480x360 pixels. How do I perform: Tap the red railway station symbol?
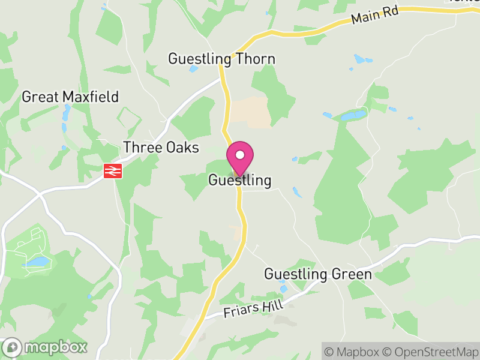pyautogui.click(x=113, y=171)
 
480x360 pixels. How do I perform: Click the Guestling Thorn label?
pyautogui.click(x=221, y=59)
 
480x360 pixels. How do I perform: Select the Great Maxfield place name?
pyautogui.click(x=70, y=97)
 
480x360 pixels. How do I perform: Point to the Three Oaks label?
pyautogui.click(x=161, y=147)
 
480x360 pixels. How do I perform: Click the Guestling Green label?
pyautogui.click(x=318, y=274)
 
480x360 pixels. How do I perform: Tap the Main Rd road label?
pyautogui.click(x=375, y=16)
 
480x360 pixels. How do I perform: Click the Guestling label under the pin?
pyautogui.click(x=240, y=180)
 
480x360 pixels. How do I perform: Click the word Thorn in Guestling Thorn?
pyautogui.click(x=256, y=59)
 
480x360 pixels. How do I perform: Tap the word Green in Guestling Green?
pyautogui.click(x=351, y=274)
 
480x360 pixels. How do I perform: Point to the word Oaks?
pyautogui.click(x=182, y=147)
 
